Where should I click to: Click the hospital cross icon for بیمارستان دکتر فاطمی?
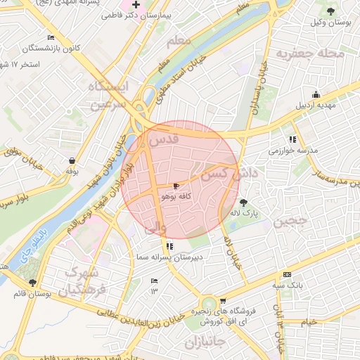tap(136, 4)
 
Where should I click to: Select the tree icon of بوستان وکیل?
tap(331, 10)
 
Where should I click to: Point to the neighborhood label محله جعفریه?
tap(310, 53)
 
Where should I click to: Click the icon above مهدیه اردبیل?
tap(316, 94)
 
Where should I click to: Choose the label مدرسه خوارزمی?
tap(292, 150)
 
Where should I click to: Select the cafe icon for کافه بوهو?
tap(175, 186)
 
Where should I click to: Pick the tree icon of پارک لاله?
tap(243, 202)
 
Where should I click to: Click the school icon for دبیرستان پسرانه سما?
tap(169, 246)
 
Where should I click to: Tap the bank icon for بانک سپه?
tap(286, 274)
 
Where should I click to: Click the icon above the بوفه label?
tap(72, 159)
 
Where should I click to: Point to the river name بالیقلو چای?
tap(32, 241)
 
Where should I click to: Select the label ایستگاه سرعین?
tap(110, 95)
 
